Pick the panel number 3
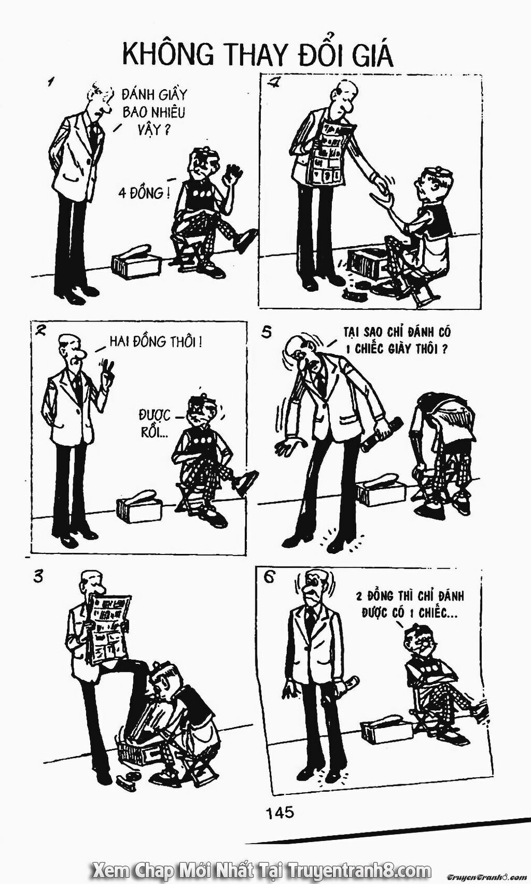tap(38, 577)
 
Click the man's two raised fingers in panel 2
tap(106, 368)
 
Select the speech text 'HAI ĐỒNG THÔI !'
tap(156, 342)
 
